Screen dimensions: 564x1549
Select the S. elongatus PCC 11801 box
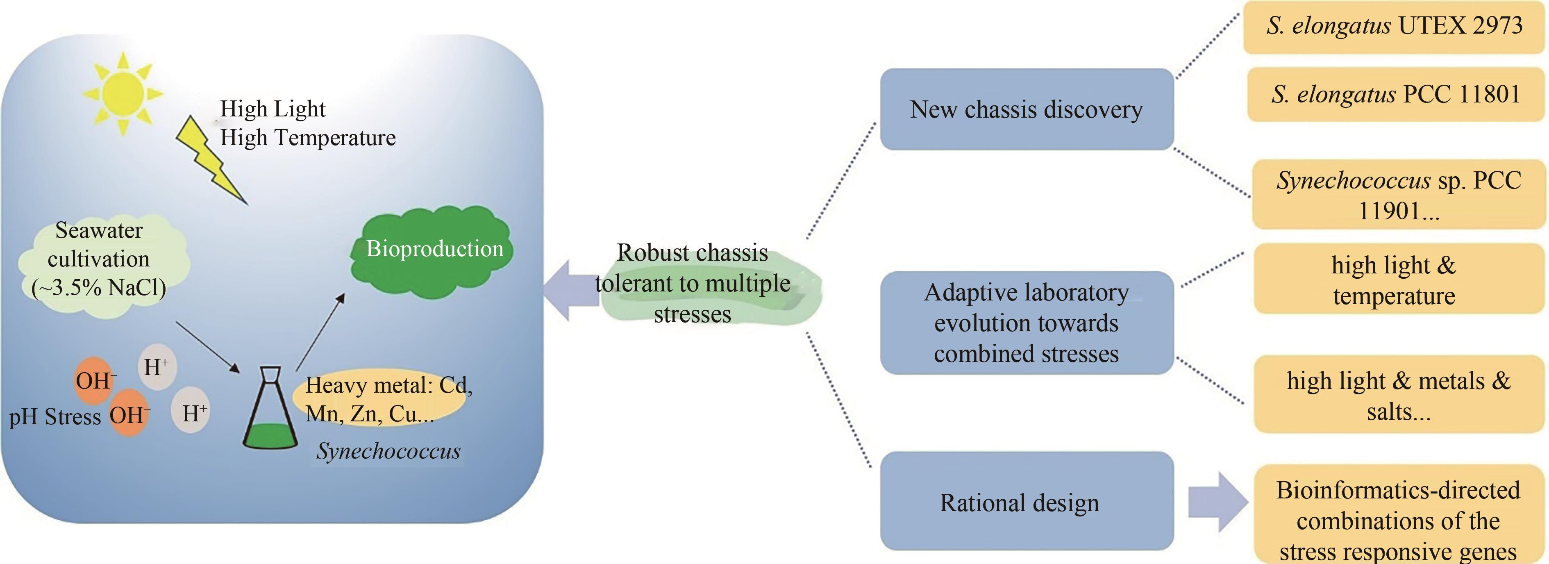tap(1395, 94)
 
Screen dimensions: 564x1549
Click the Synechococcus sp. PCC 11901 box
tap(1398, 195)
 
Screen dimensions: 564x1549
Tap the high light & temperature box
tap(1398, 280)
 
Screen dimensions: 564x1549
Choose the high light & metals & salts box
tap(1398, 395)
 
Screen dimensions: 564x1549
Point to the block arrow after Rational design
tap(1217, 502)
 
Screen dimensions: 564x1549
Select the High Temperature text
tap(307, 138)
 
